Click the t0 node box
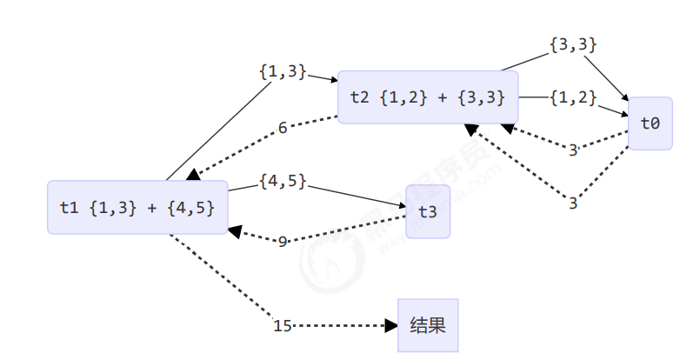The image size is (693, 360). tap(650, 123)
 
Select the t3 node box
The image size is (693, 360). tap(428, 211)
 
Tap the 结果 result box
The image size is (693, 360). tap(428, 326)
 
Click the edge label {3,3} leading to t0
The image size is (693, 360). tap(573, 43)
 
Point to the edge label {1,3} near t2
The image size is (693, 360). tap(283, 72)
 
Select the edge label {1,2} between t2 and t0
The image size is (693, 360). tap(573, 97)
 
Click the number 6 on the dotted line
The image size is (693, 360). tap(283, 129)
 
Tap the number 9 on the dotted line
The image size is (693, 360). tap(283, 241)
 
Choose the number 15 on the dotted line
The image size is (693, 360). tap(283, 326)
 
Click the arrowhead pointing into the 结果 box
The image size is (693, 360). tap(391, 326)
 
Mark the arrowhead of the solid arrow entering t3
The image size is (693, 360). tap(402, 207)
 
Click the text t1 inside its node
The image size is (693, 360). tap(69, 208)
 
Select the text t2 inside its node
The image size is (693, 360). tap(359, 97)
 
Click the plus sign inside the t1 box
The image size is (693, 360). tap(154, 208)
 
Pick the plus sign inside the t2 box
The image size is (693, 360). tap(443, 97)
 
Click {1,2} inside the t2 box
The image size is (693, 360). tap(403, 97)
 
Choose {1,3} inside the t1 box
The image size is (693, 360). tap(113, 208)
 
